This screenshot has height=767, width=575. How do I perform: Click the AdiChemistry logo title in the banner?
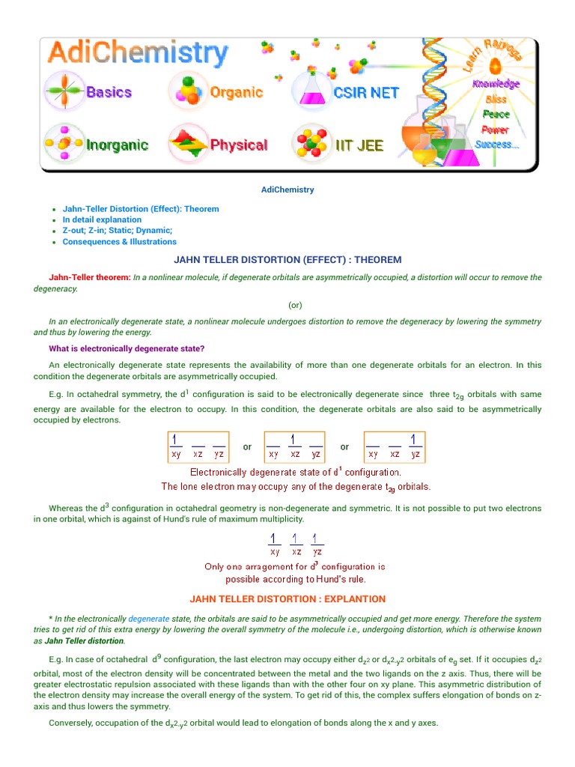(137, 54)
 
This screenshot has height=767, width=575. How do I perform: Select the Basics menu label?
(109, 93)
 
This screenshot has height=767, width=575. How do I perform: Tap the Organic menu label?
(236, 93)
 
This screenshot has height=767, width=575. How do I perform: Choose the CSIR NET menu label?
(366, 93)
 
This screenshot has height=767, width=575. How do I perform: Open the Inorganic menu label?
(117, 145)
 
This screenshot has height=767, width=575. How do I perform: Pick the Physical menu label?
(238, 145)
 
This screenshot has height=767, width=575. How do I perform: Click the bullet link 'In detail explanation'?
(102, 219)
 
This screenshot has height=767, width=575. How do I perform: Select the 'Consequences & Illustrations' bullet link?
(120, 242)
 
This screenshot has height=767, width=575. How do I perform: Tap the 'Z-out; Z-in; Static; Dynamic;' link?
(118, 231)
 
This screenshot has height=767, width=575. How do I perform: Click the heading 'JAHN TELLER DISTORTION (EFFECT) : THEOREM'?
(287, 260)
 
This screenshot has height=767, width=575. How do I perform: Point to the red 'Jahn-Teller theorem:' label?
(90, 278)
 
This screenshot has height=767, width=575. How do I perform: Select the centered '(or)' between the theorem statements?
(295, 305)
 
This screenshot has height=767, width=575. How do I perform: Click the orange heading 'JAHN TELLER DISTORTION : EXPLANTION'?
(287, 599)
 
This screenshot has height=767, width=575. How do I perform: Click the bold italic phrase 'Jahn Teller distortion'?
(84, 641)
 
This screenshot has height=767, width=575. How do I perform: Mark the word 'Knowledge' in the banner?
(496, 85)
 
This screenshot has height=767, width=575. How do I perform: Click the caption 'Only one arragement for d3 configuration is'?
(295, 567)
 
